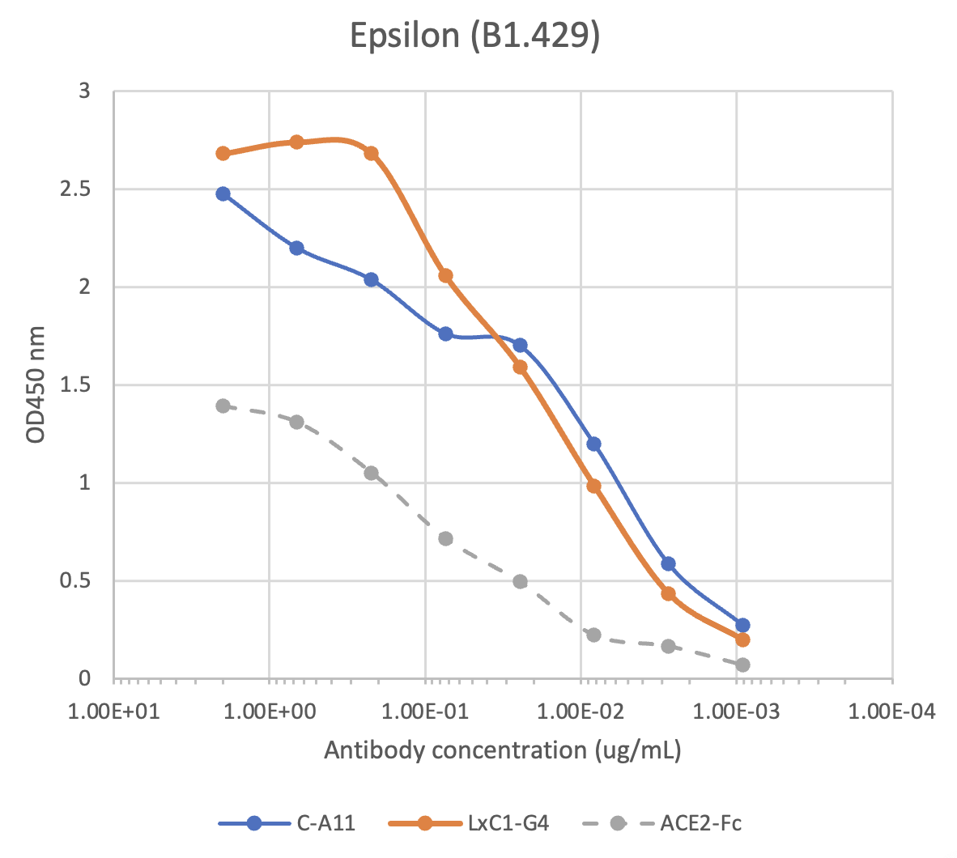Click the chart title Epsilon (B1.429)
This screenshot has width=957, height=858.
click(474, 36)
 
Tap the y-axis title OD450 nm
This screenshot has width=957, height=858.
click(36, 384)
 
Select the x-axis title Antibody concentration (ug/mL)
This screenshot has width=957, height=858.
click(502, 750)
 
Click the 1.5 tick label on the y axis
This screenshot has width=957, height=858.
click(78, 385)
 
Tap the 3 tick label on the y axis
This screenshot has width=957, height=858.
click(84, 91)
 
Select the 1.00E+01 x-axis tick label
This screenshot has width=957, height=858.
click(114, 711)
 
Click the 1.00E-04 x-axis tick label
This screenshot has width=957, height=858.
click(892, 711)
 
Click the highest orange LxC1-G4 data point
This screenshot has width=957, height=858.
click(296, 142)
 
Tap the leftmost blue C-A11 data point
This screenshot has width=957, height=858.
click(223, 193)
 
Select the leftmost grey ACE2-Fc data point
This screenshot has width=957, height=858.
click(223, 406)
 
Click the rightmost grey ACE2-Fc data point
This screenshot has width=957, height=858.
click(742, 665)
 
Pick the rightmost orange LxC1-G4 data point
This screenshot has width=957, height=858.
click(742, 639)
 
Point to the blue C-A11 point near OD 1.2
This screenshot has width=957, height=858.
click(593, 444)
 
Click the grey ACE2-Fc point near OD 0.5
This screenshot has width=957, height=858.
click(520, 581)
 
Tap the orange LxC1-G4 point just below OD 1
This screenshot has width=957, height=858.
click(593, 486)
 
